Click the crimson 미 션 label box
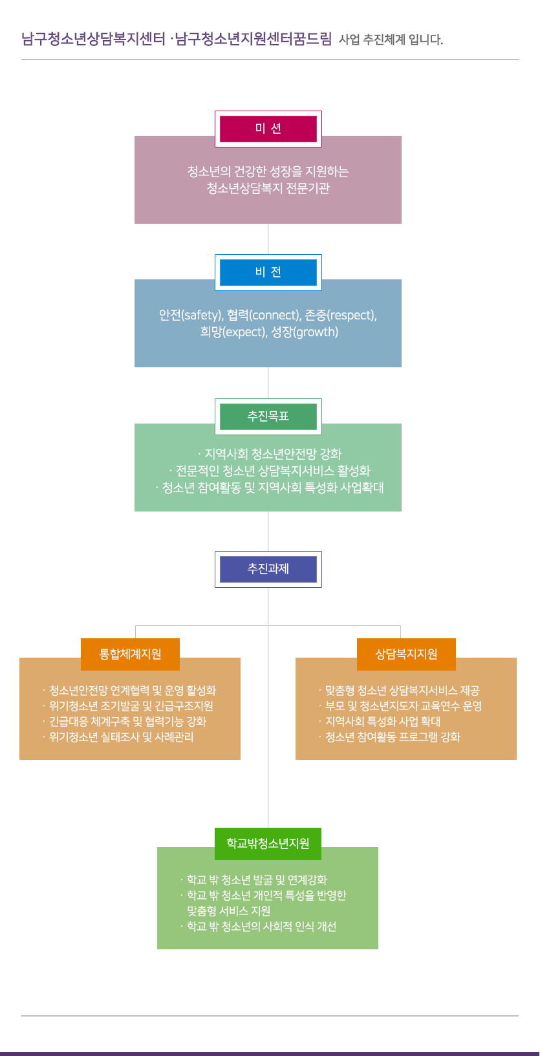[268, 129]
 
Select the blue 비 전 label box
[268, 272]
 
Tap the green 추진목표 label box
[268, 416]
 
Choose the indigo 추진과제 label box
[268, 569]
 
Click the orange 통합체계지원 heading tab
[130, 654]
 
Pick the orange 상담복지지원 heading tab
[406, 654]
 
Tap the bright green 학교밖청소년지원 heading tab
[268, 844]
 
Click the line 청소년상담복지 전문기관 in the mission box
[268, 188]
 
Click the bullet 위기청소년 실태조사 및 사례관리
[121, 737]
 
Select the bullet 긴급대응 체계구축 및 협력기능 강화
[127, 722]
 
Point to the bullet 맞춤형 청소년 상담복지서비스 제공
[402, 691]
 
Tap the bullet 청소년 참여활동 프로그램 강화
[392, 737]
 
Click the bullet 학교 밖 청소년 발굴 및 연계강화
[256, 880]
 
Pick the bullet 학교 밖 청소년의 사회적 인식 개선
[261, 927]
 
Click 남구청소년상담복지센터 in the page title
[94, 39]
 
